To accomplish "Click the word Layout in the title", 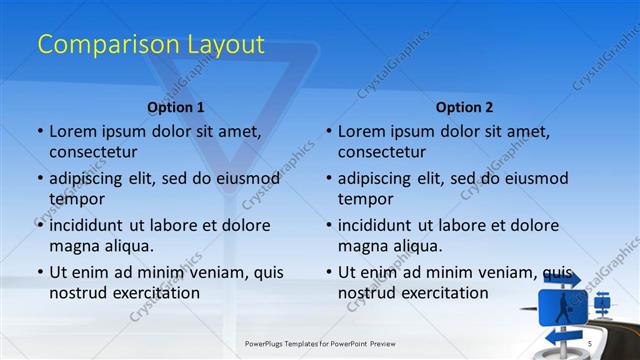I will click(x=226, y=45).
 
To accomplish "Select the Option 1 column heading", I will click(x=176, y=107).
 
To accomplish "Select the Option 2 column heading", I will click(x=464, y=107).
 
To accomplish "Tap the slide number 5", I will click(x=590, y=344).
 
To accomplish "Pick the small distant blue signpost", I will click(x=602, y=300).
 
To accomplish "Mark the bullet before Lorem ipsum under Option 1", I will click(x=39, y=131).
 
